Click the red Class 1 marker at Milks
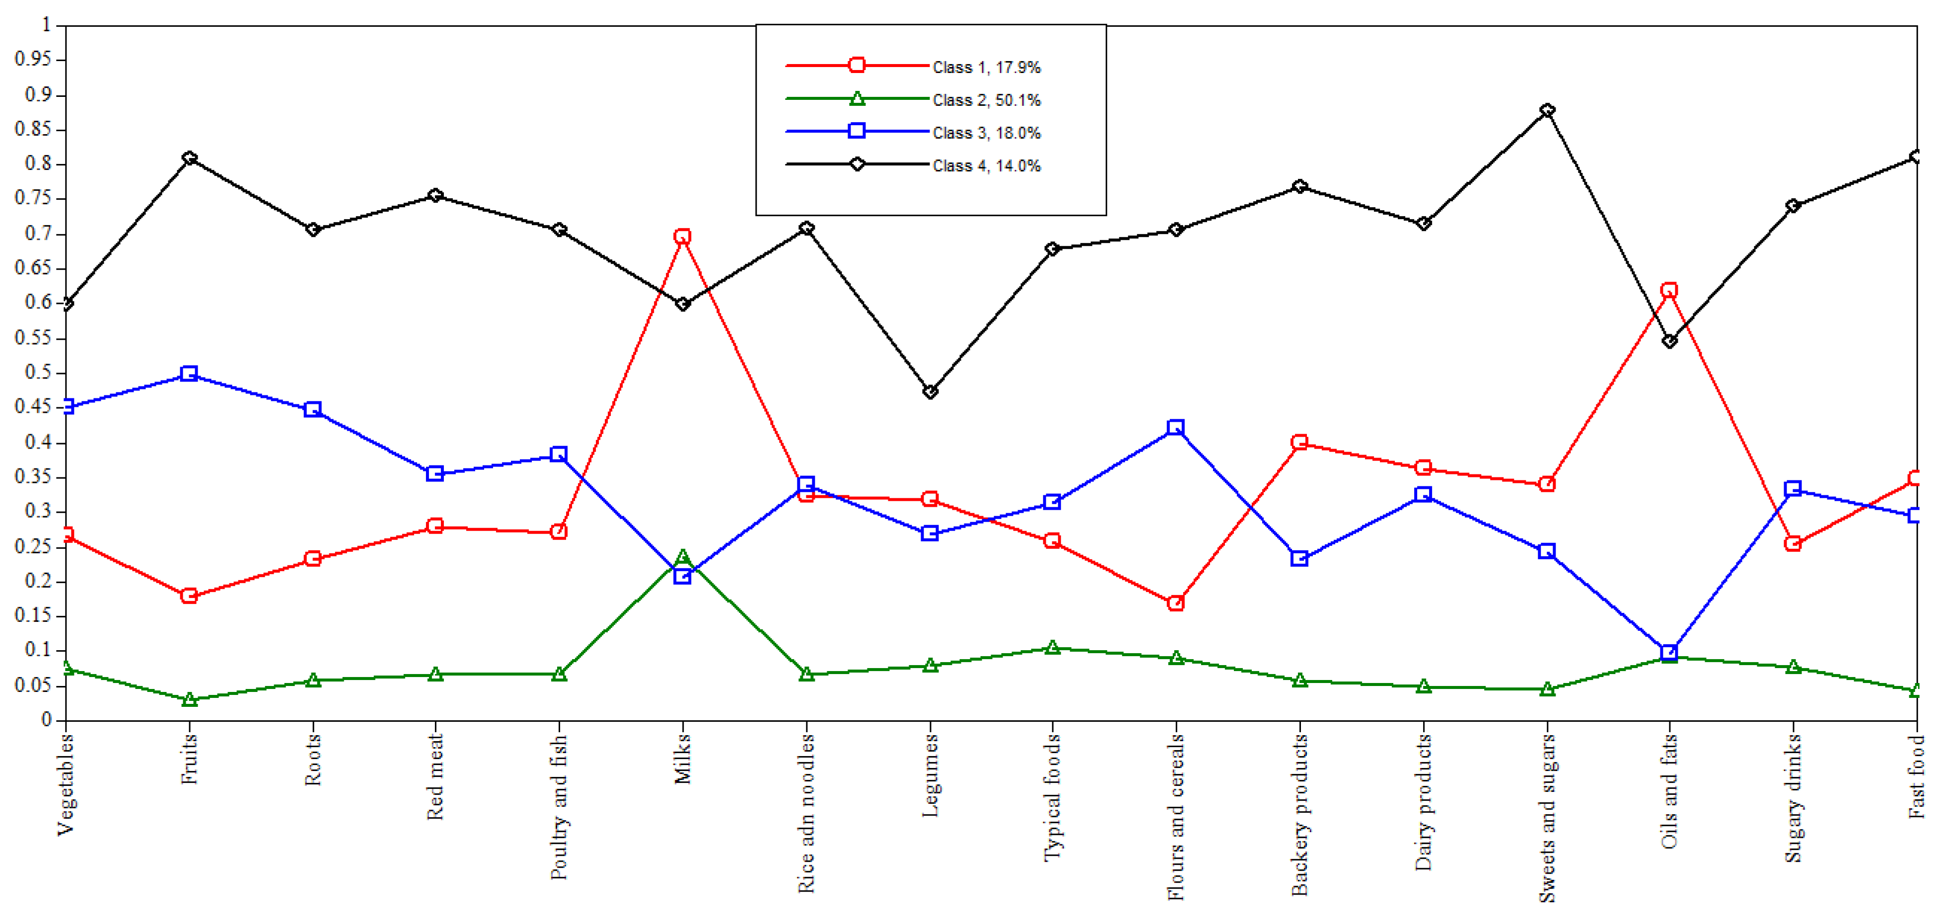[x=682, y=237]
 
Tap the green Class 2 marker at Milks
[x=682, y=557]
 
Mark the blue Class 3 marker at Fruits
[x=189, y=374]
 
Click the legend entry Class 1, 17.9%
[x=986, y=67]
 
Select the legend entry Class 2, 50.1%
[x=986, y=100]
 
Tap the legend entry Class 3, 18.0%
[x=986, y=133]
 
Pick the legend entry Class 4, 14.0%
[x=986, y=165]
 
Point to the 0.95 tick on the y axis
[x=33, y=60]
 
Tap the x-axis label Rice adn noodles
[x=806, y=813]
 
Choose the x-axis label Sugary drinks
[x=1793, y=798]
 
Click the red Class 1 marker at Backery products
[x=1299, y=442]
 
